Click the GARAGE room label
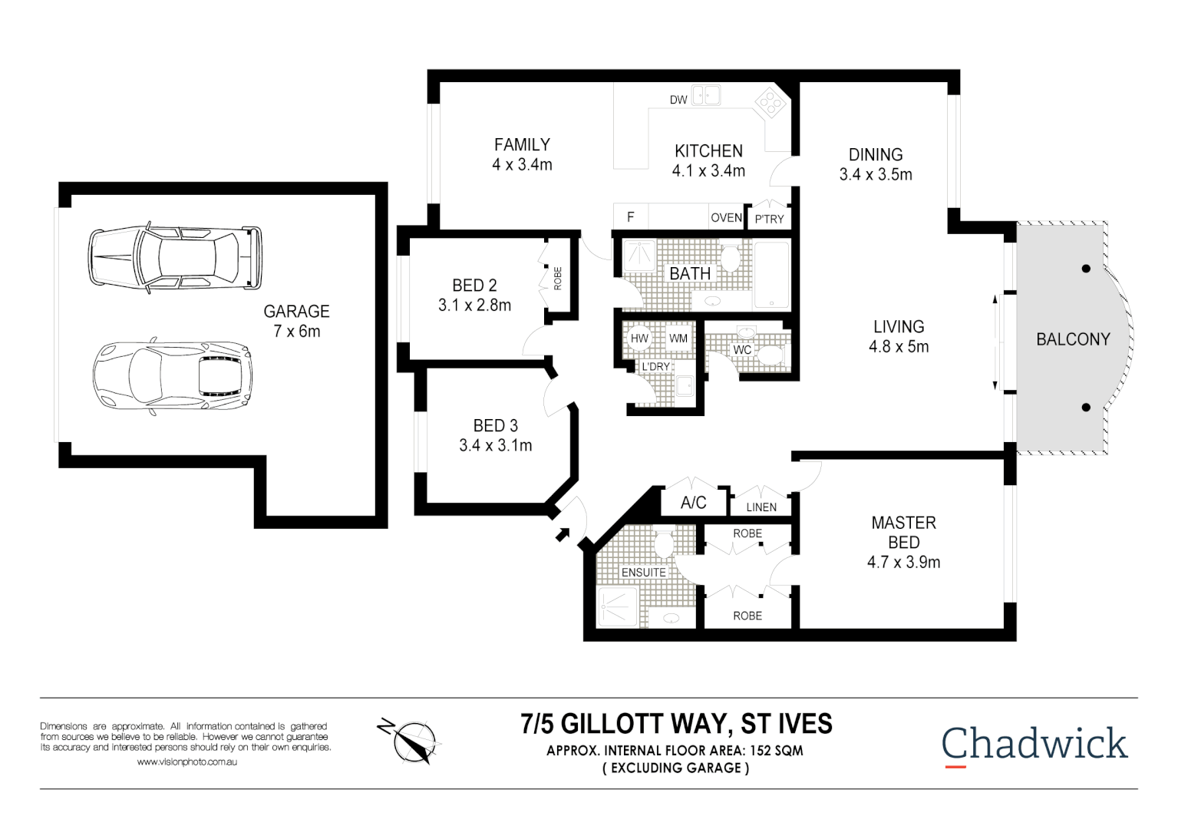[x=296, y=312]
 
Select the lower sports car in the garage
[x=173, y=375]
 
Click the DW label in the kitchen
[x=678, y=100]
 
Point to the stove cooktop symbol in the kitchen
[x=770, y=103]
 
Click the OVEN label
[x=726, y=218]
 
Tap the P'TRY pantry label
[x=769, y=220]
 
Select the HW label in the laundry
[x=639, y=339]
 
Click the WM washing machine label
[x=678, y=339]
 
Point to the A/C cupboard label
[x=693, y=503]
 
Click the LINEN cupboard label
[x=761, y=507]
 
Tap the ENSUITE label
[x=644, y=573]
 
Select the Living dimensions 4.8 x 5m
[x=899, y=347]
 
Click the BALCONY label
[x=1073, y=339]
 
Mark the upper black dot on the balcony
[x=1086, y=269]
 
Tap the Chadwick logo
[x=1034, y=744]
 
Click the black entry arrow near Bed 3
[x=563, y=534]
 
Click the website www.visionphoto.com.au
[x=187, y=762]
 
